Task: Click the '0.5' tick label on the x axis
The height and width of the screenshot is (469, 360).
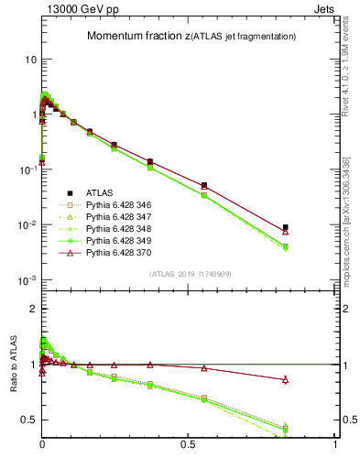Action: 188,443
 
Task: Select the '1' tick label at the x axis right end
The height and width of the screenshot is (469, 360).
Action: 334,443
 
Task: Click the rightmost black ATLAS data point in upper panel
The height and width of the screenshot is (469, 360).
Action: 286,227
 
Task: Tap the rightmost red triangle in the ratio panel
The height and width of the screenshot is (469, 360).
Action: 286,379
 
